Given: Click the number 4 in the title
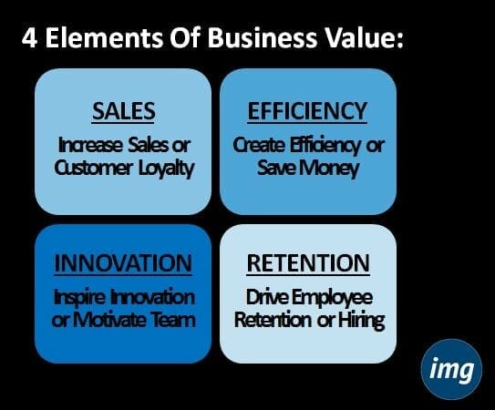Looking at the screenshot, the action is (x=29, y=38).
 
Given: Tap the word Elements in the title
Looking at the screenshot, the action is (x=104, y=37).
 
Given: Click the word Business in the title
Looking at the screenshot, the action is (x=262, y=37).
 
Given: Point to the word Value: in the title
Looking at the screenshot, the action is (x=364, y=37).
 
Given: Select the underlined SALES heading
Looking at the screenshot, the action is (x=123, y=111).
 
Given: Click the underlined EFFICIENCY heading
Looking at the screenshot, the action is (x=307, y=111).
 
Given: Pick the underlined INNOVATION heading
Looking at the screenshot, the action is (x=123, y=263).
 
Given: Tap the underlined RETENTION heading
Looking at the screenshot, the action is (x=308, y=263).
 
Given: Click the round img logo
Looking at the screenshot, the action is (x=451, y=369).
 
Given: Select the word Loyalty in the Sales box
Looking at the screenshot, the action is (x=166, y=169).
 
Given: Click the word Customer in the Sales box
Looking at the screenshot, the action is (x=94, y=168).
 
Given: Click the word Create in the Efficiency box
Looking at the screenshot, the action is (x=259, y=146).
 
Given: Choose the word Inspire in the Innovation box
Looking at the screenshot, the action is (x=78, y=298).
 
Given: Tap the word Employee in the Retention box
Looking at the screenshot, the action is (x=332, y=298).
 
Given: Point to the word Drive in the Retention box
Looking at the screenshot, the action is (x=267, y=297).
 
